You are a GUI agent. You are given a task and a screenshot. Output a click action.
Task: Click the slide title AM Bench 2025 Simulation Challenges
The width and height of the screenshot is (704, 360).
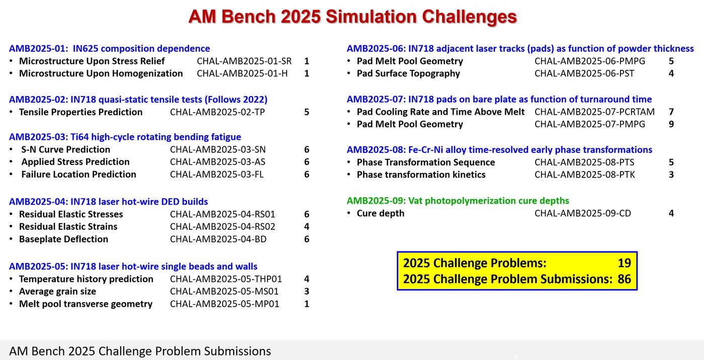(x=353, y=17)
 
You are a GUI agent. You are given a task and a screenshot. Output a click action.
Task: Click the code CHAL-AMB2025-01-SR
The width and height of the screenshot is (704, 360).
(x=244, y=61)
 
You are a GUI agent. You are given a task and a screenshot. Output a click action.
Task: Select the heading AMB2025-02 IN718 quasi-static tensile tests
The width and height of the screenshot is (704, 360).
(x=138, y=100)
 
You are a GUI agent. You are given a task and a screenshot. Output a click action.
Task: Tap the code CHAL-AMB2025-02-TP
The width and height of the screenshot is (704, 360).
(x=217, y=112)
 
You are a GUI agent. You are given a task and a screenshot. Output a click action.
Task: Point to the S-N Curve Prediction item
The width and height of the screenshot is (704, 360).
(x=65, y=149)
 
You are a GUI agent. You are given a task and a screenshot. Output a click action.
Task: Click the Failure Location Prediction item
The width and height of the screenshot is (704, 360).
(x=78, y=174)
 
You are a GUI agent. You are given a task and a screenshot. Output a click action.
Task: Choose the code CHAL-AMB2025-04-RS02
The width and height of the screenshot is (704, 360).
(x=222, y=227)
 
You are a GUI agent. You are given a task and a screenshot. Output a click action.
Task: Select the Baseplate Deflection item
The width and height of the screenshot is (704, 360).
(x=63, y=239)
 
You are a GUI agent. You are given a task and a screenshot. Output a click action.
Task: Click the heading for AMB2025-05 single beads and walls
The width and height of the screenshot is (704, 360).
(x=133, y=266)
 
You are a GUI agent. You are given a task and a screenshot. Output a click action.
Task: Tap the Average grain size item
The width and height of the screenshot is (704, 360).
(x=57, y=292)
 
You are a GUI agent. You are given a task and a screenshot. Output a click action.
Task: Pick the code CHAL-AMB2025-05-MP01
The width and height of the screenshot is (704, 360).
(x=224, y=304)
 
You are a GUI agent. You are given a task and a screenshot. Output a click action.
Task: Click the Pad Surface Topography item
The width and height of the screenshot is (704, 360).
(x=408, y=73)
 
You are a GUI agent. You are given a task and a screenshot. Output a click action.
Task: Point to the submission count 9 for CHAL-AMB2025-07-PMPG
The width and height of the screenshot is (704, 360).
(x=671, y=124)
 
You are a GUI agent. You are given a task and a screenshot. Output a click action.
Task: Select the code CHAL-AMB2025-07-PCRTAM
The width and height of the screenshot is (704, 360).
(x=594, y=112)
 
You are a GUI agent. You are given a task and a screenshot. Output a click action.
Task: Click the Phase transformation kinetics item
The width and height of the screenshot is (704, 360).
(x=421, y=175)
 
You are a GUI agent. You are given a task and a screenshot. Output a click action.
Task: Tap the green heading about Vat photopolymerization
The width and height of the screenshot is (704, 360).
(x=458, y=201)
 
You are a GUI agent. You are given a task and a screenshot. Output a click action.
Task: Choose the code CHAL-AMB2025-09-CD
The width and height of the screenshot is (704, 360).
(x=582, y=213)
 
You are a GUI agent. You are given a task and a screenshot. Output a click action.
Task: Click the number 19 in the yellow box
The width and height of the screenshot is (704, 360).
(x=624, y=263)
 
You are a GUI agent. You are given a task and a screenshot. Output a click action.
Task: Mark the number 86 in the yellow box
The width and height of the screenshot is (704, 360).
(x=624, y=279)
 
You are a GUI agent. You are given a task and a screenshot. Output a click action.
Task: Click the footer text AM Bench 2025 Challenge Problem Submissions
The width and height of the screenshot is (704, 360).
(x=140, y=351)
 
